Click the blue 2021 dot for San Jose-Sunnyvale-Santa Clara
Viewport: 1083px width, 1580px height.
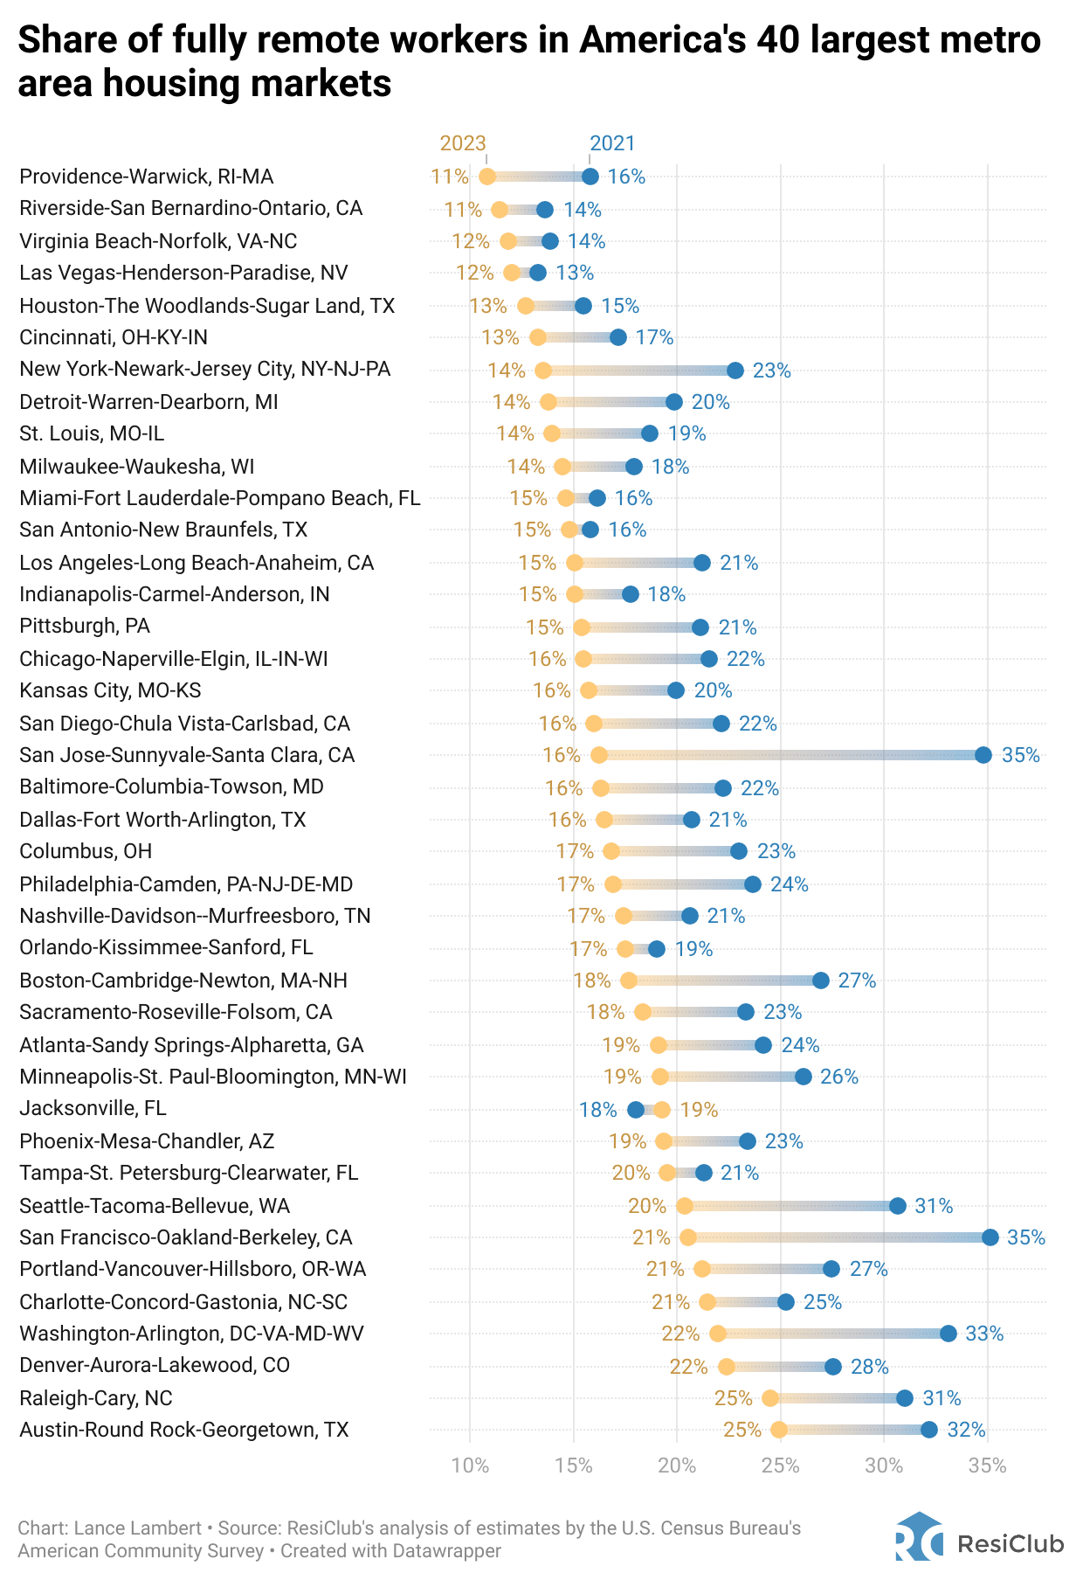click(x=983, y=755)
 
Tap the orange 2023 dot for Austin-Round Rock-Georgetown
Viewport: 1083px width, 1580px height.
click(x=779, y=1430)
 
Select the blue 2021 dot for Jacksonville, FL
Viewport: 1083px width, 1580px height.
click(x=636, y=1110)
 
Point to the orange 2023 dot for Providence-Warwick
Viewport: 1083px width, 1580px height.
click(x=487, y=177)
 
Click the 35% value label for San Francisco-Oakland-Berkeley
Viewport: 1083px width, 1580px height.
click(x=1026, y=1237)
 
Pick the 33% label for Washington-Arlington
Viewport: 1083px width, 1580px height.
click(x=984, y=1334)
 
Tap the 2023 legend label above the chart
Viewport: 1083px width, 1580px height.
click(x=463, y=143)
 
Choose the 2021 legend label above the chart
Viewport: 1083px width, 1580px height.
click(x=613, y=143)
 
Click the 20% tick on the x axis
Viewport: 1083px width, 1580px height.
click(x=677, y=1466)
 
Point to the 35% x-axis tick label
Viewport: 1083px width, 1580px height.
click(x=988, y=1466)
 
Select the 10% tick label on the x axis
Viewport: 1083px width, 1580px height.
click(x=470, y=1466)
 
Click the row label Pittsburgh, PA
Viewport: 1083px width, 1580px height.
click(x=85, y=626)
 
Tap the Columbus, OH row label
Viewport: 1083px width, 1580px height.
click(x=86, y=851)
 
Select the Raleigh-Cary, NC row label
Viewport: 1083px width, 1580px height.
click(x=96, y=1398)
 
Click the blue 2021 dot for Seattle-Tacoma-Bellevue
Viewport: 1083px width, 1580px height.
click(x=898, y=1206)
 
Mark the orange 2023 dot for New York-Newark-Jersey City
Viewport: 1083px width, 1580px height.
click(x=543, y=371)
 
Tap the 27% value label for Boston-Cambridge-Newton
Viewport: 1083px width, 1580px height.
click(x=857, y=981)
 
